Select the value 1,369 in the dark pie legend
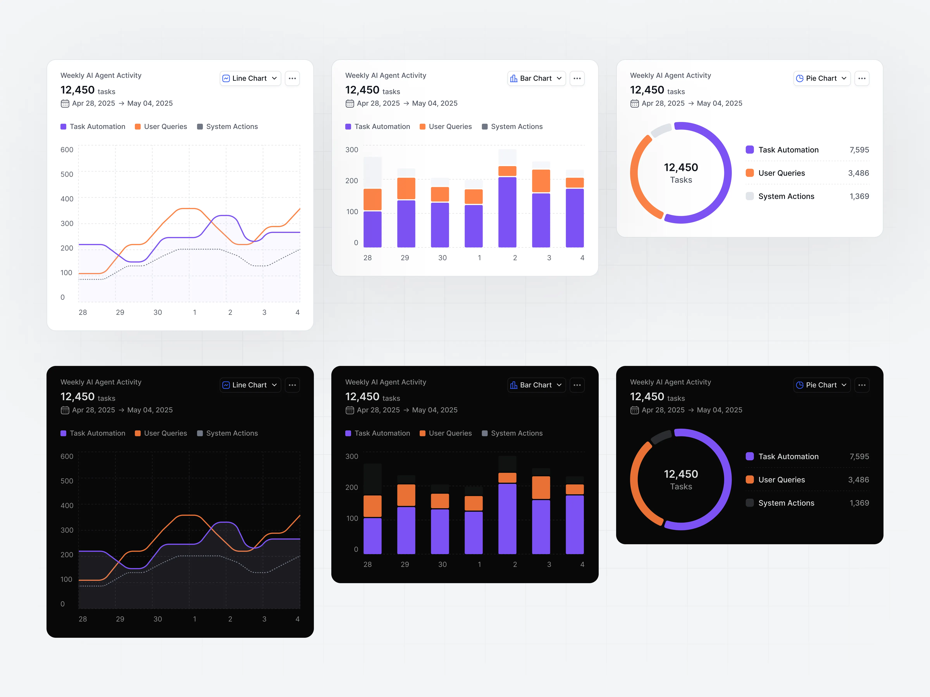point(859,503)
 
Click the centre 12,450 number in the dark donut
point(681,474)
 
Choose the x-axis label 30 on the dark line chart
point(158,619)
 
